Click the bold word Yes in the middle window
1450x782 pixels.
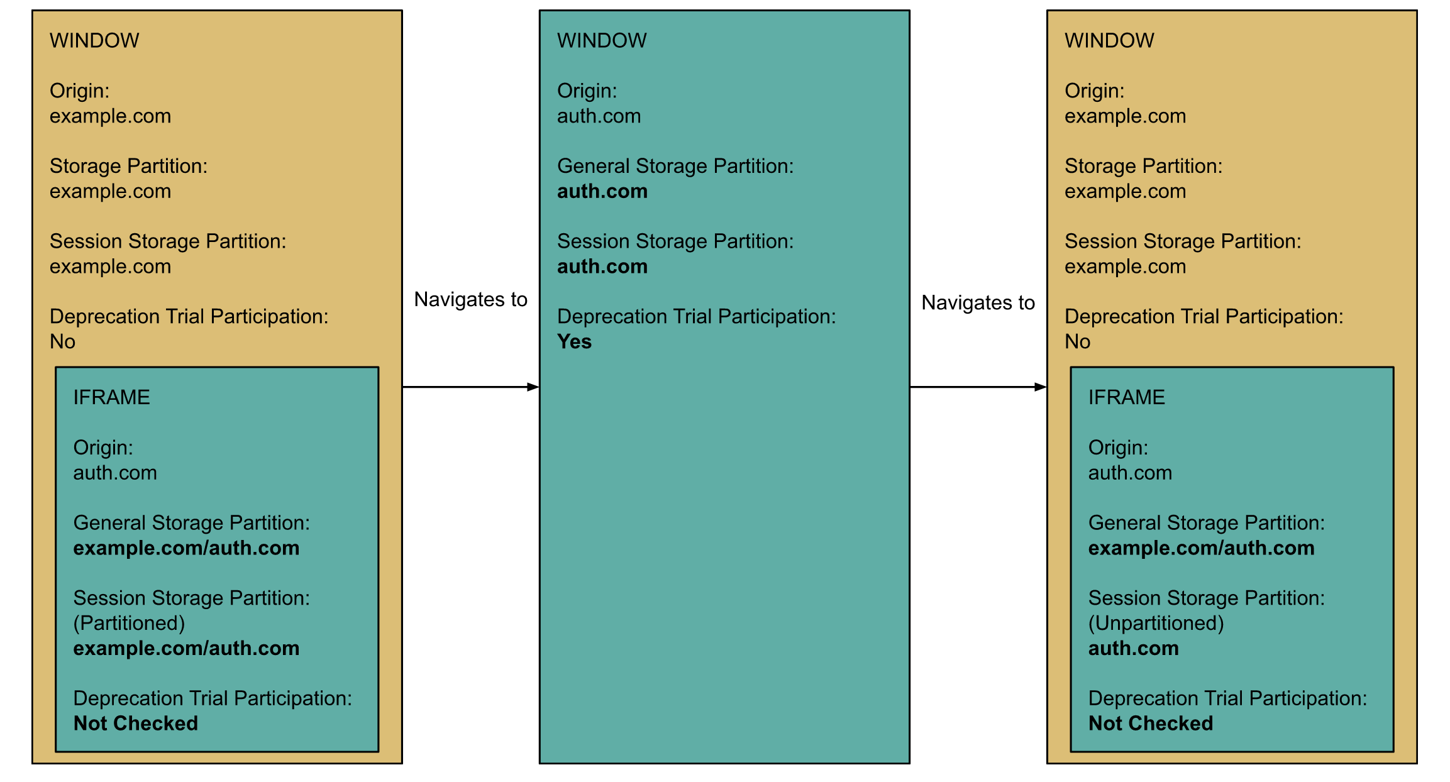[574, 342]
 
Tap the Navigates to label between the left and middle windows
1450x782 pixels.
[470, 299]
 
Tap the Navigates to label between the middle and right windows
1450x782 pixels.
[978, 302]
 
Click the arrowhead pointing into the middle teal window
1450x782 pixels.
[533, 387]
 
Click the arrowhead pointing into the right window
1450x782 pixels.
[1041, 387]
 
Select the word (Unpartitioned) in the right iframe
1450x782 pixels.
[1156, 623]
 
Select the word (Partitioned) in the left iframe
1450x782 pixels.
[129, 623]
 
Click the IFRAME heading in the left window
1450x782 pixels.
[111, 397]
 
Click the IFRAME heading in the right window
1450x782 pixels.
[1126, 397]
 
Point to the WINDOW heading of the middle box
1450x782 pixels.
[601, 41]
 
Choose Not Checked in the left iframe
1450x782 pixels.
[135, 724]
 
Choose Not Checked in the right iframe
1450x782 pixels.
[1150, 724]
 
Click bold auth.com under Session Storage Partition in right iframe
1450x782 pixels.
[1133, 648]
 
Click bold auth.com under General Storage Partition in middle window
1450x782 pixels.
[602, 191]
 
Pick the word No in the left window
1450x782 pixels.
[62, 342]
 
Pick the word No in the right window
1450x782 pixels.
[1077, 342]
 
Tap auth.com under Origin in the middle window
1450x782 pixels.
[599, 116]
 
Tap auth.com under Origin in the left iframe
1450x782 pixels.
[115, 473]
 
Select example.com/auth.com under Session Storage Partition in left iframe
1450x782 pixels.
[186, 648]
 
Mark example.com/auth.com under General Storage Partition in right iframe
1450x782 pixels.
[1201, 548]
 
